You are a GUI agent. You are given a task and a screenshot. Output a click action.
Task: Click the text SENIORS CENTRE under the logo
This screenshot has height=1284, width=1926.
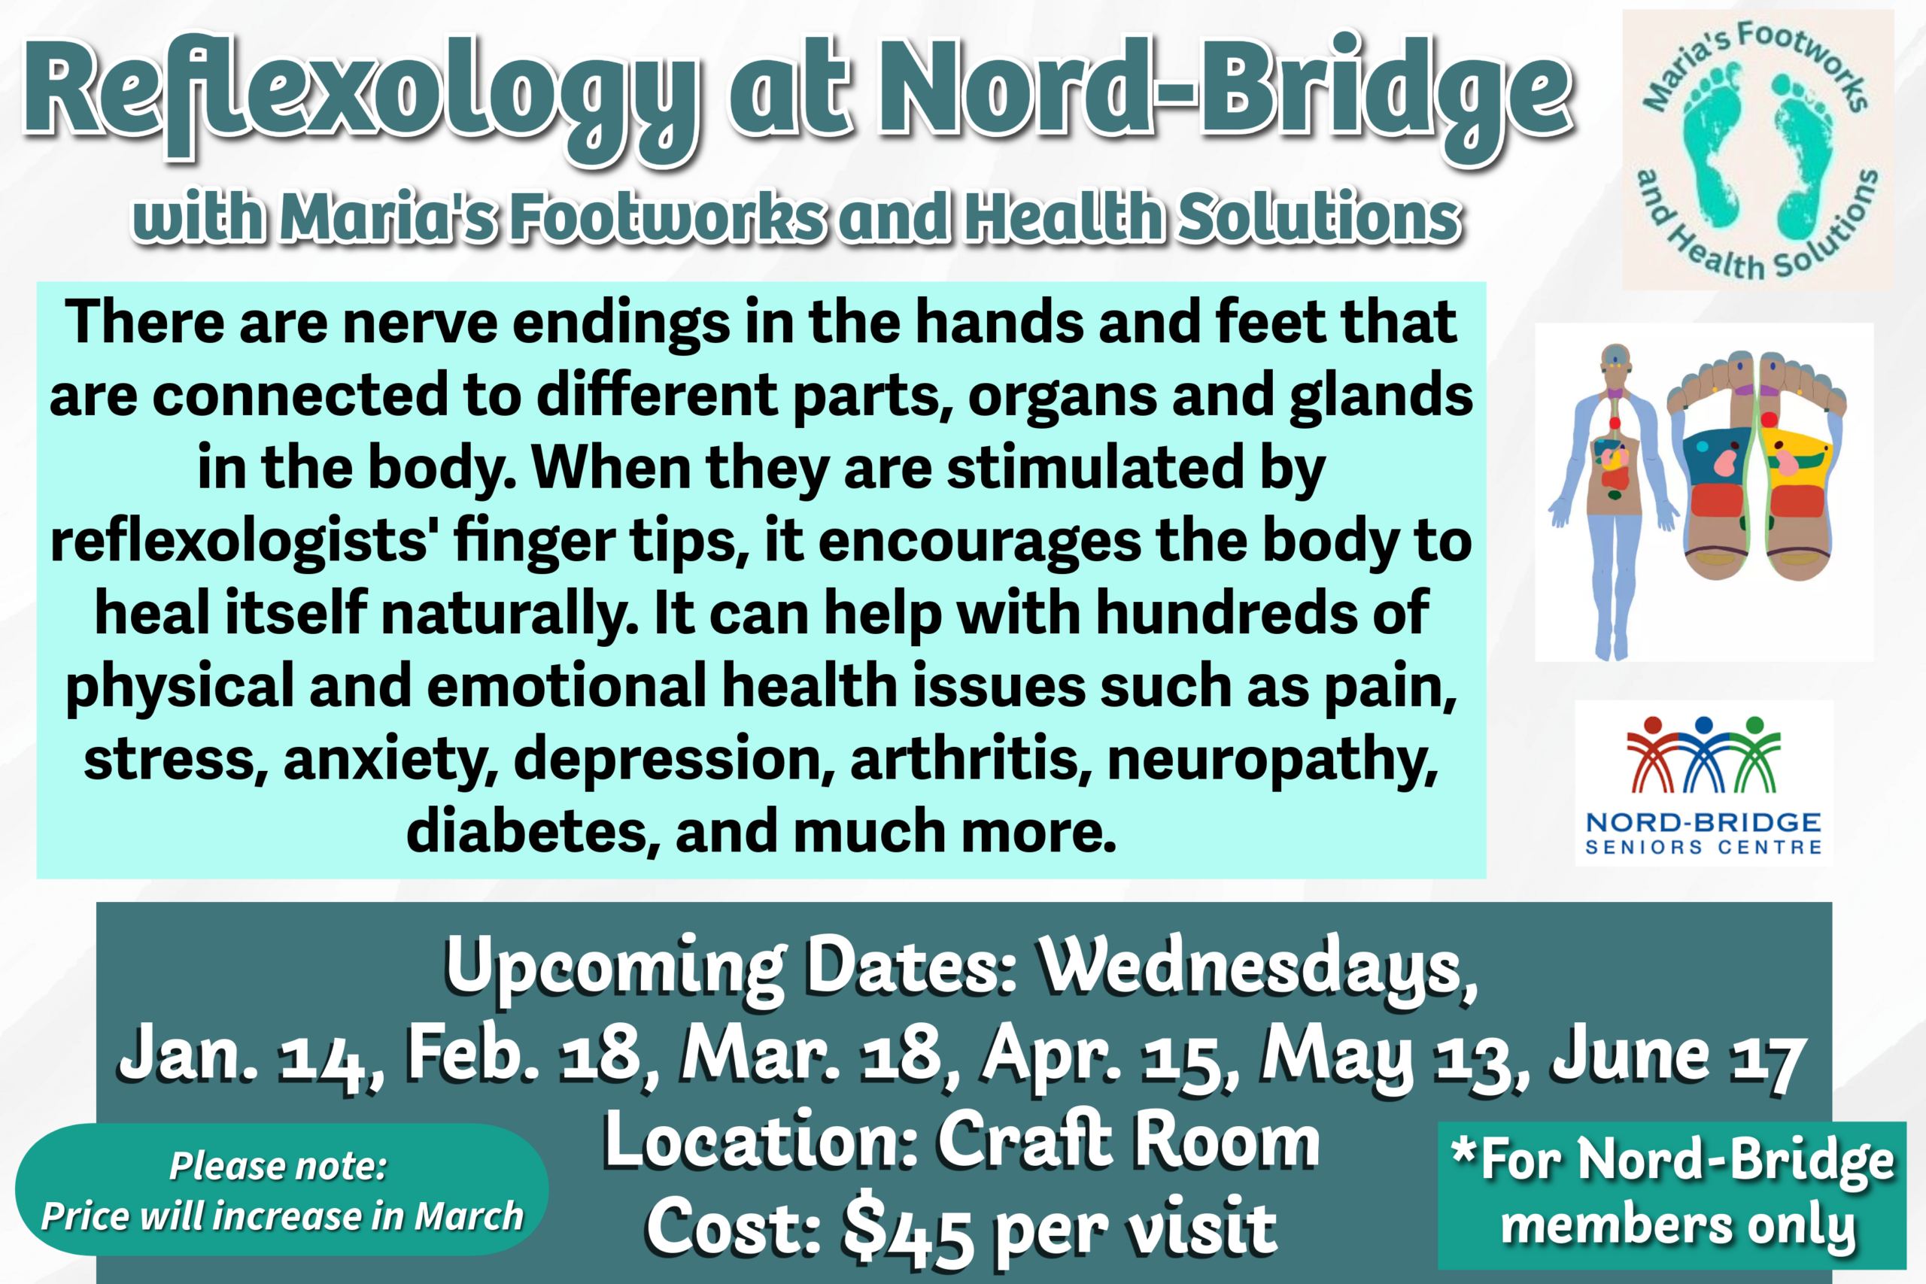(x=1703, y=847)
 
